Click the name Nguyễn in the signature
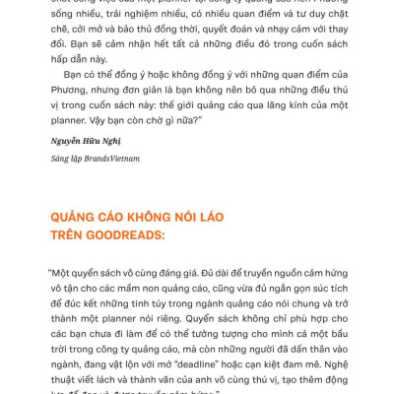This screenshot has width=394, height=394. pyautogui.click(x=65, y=141)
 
